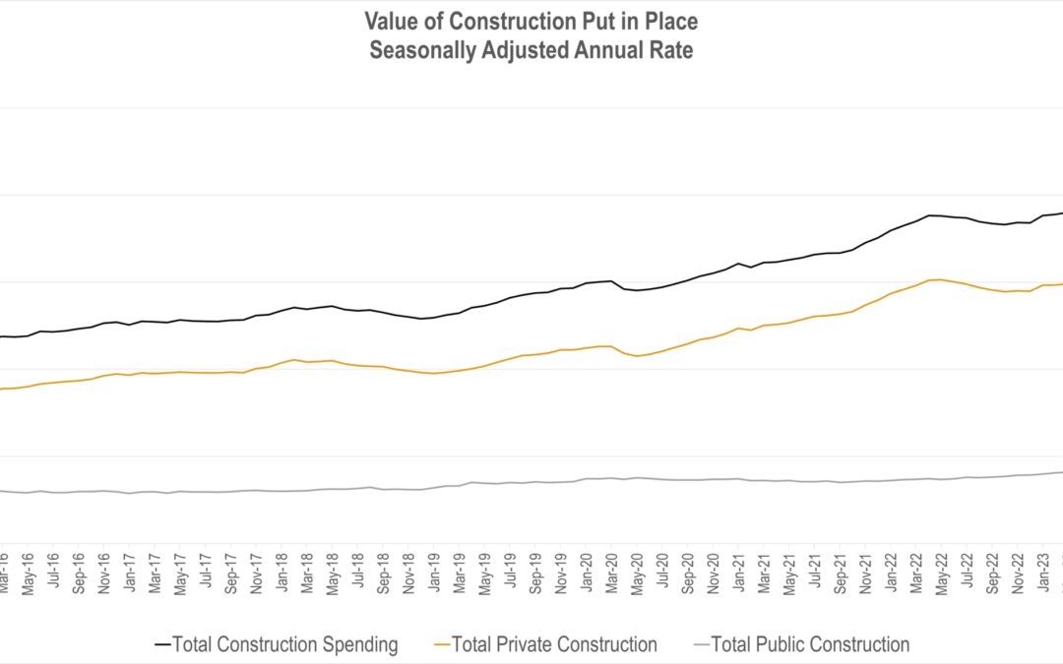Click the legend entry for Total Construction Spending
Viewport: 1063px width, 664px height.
tap(285, 645)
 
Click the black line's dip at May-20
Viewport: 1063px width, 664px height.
tap(637, 290)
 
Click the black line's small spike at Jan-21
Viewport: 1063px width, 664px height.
tap(738, 263)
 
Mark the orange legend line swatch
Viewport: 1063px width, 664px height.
tap(444, 645)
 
